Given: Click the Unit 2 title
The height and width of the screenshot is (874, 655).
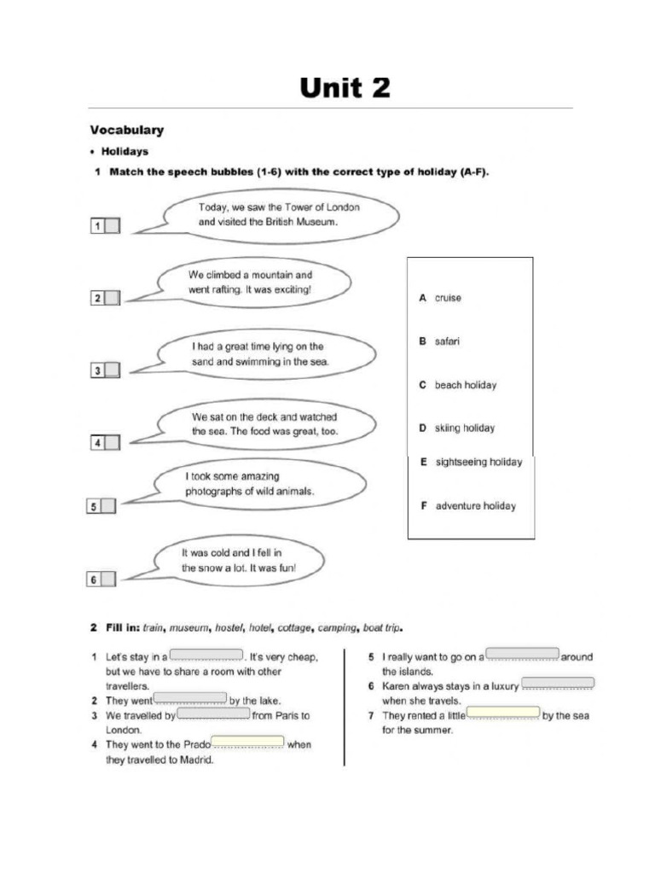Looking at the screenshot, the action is [x=345, y=88].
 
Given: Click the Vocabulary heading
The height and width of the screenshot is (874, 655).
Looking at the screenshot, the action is [x=127, y=131].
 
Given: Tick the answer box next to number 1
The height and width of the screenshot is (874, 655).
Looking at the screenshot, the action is [x=113, y=226].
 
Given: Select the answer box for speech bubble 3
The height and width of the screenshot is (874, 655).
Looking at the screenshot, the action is [x=113, y=370].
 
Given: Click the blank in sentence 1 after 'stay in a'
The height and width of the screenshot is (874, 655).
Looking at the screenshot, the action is [x=207, y=655].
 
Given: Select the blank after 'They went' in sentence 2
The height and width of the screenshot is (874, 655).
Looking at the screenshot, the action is [x=190, y=699].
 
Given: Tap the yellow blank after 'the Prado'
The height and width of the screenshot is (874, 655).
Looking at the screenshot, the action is [x=247, y=742].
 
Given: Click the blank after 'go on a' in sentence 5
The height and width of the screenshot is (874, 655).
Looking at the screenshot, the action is [x=522, y=655].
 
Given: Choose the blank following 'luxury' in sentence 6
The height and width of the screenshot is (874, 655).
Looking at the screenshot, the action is [x=558, y=684].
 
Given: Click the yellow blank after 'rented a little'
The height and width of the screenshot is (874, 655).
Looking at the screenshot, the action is [x=503, y=713].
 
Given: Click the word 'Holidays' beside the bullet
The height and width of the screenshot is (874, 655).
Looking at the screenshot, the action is [x=125, y=152].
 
